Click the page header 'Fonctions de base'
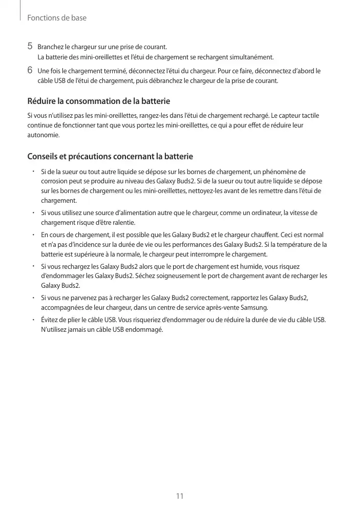coord(56,18)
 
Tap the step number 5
coord(30,47)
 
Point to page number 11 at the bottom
coord(180,496)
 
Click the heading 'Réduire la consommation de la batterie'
coord(98,101)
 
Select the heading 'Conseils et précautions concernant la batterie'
coord(110,156)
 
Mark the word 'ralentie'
coord(123,223)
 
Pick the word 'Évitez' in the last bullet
coord(50,320)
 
